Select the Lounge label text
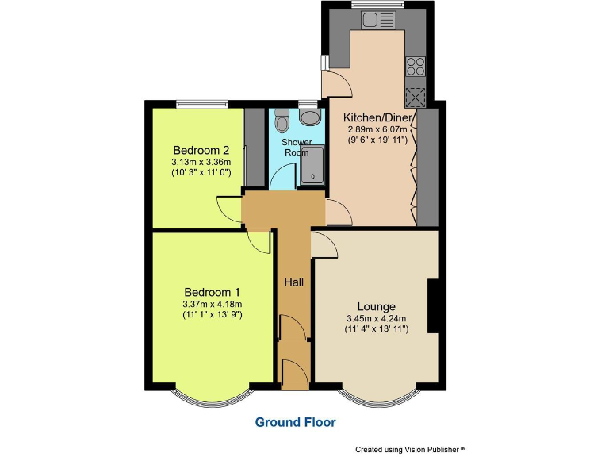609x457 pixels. pos(376,306)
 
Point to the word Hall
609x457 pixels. pos(294,281)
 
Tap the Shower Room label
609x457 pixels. pos(297,147)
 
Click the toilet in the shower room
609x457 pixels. pos(282,122)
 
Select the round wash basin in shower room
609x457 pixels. pos(312,118)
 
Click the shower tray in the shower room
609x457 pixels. pos(313,165)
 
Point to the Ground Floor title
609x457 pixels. pos(295,422)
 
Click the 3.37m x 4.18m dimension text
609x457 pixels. pos(212,303)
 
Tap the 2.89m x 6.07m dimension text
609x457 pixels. pos(377,129)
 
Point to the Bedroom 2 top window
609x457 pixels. pos(201,102)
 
